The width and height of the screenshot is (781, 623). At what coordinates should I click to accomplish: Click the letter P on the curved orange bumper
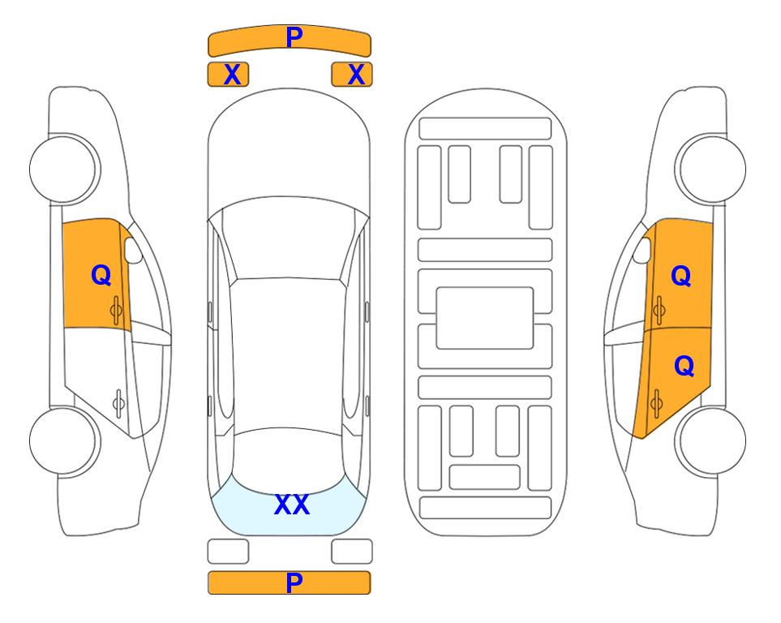(294, 37)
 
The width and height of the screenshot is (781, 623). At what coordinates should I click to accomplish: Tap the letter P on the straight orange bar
(294, 582)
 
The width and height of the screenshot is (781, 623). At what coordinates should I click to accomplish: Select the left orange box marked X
(228, 75)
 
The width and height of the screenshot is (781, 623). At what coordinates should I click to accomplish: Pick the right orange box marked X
(352, 75)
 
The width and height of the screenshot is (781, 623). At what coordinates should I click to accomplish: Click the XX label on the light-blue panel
(292, 505)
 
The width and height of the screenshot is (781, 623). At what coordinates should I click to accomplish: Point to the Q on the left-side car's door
(101, 275)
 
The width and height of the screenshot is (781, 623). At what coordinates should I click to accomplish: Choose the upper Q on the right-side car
(681, 276)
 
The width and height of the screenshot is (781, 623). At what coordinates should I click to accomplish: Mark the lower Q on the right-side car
(684, 367)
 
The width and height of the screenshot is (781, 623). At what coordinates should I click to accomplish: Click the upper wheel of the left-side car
(64, 170)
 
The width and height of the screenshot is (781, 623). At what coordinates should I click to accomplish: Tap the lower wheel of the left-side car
(64, 440)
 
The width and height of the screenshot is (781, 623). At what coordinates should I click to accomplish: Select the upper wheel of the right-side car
(710, 170)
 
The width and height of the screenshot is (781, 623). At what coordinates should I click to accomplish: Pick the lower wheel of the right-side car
(710, 440)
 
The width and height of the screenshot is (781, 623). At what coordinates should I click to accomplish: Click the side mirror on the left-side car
(133, 250)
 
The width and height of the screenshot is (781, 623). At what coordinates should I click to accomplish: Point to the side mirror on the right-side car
(642, 250)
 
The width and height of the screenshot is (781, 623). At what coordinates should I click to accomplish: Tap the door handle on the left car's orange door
(117, 310)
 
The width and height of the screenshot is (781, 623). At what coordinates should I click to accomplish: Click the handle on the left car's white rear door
(118, 402)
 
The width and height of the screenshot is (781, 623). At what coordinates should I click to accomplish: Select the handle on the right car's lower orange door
(656, 402)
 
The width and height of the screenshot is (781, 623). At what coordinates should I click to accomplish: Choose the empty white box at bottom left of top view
(228, 552)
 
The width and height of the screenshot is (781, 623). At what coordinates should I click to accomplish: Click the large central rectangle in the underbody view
(485, 318)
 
